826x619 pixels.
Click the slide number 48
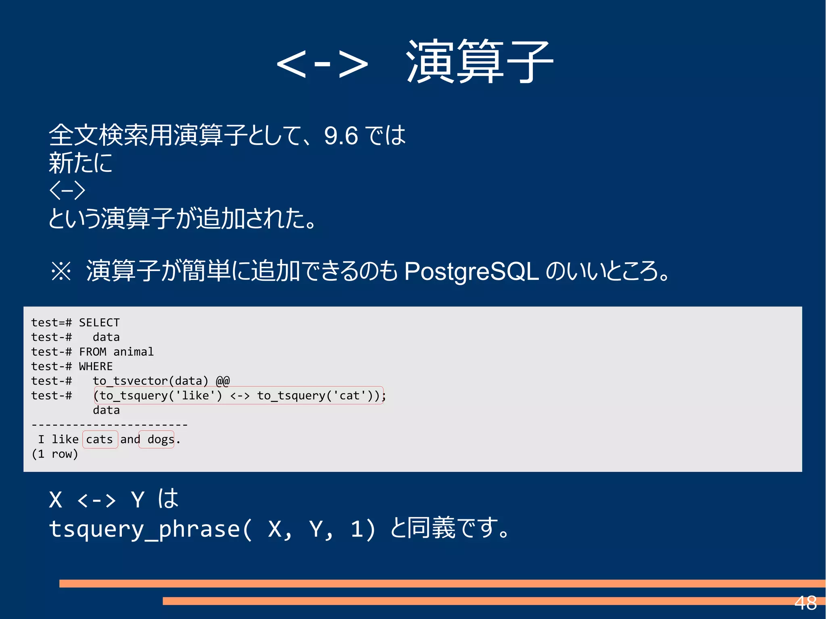[x=805, y=603]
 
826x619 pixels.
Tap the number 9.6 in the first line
[x=341, y=135]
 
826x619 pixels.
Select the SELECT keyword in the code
[x=99, y=323]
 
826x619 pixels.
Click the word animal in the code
[x=133, y=352]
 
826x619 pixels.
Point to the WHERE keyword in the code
[x=96, y=366]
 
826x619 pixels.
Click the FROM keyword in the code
[x=92, y=352]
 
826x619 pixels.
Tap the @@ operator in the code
[x=223, y=381]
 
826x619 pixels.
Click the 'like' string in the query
[x=196, y=396]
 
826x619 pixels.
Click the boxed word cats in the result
[x=100, y=439]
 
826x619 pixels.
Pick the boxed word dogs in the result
[x=161, y=439]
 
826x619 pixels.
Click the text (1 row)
[x=55, y=454]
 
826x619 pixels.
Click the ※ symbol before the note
[x=61, y=271]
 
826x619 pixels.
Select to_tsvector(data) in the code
[x=150, y=381]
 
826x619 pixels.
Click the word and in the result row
[x=130, y=439]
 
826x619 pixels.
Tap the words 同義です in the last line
[x=457, y=528]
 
